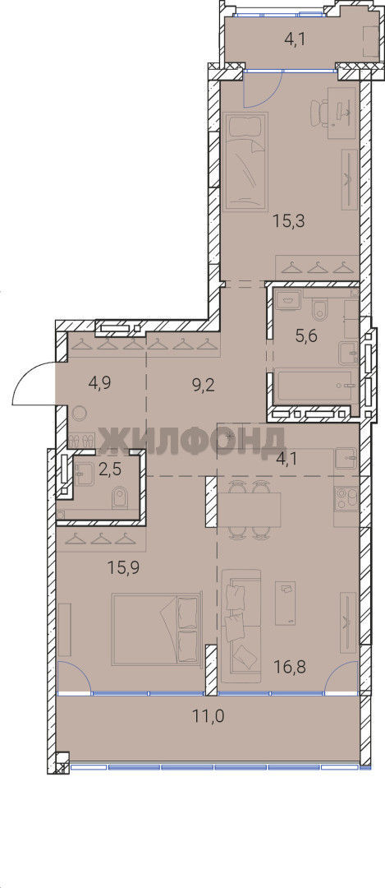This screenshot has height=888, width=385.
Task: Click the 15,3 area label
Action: click(289, 221)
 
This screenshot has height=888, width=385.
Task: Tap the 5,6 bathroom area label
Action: click(306, 335)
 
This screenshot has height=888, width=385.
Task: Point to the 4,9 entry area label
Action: click(100, 383)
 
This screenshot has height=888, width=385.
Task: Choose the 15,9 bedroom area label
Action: click(123, 567)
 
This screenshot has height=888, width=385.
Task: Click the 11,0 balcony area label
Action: click(209, 716)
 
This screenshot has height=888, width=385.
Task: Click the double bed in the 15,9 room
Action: click(157, 629)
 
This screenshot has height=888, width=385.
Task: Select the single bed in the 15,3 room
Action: click(245, 160)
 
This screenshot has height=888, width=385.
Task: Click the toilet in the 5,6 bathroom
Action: click(320, 308)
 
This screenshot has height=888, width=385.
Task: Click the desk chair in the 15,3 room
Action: click(319, 112)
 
